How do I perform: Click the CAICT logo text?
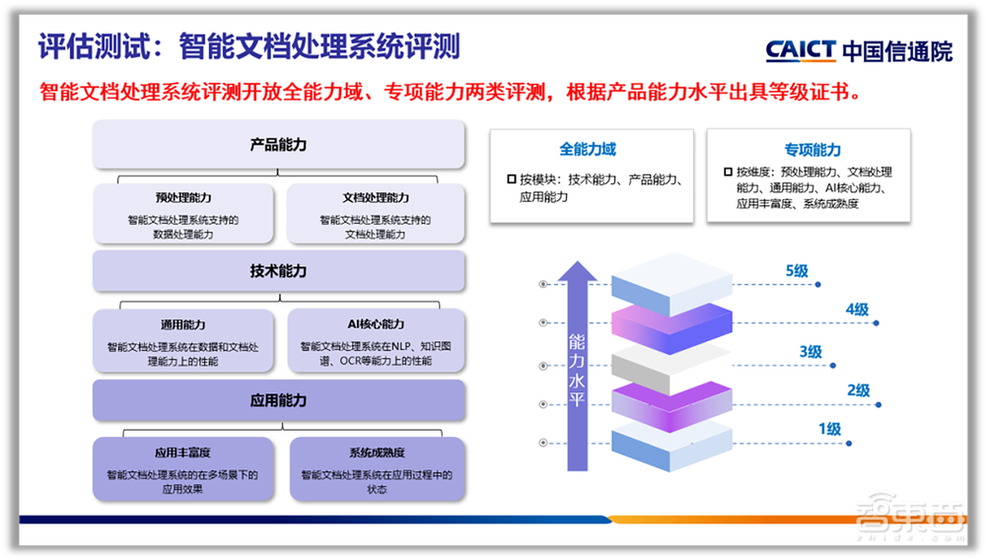801,49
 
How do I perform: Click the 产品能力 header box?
278,145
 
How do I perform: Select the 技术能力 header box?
278,271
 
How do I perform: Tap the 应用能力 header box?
278,400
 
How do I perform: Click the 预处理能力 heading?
183,198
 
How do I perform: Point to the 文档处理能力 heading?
376,198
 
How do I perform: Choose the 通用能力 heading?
183,324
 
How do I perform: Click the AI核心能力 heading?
376,324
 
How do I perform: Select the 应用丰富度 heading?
183,454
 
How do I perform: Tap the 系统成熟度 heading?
376,454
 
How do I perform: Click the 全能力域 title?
588,149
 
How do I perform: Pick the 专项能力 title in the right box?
812,150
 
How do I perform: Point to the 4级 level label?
856,310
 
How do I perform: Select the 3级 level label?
810,351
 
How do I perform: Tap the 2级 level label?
858,390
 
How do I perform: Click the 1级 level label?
828,429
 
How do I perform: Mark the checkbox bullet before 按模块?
511,180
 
